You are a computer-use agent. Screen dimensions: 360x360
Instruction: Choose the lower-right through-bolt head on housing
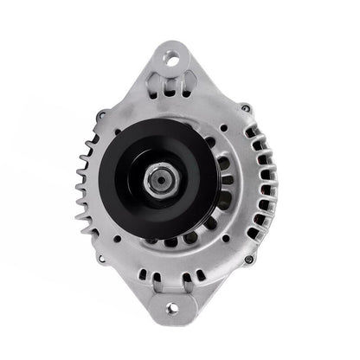click(x=248, y=259)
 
